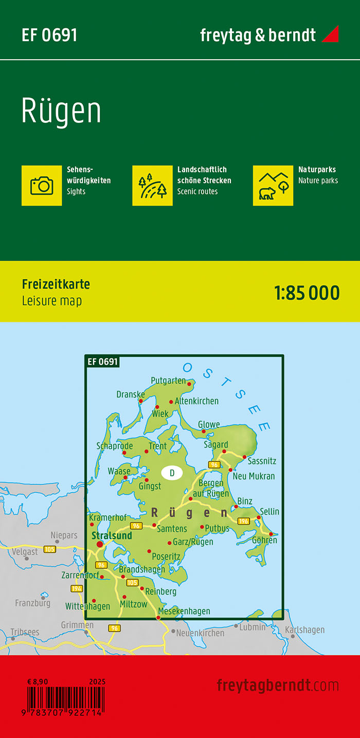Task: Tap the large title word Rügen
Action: [61, 111]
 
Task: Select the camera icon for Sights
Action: [42, 185]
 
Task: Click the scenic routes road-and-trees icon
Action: [152, 185]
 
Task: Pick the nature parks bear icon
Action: [273, 185]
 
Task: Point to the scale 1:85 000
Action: [307, 293]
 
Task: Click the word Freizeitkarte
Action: [56, 284]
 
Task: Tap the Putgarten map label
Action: [168, 381]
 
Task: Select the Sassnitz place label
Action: [262, 462]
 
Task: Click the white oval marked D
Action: [172, 473]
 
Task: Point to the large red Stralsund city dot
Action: [99, 544]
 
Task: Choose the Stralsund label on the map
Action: [112, 535]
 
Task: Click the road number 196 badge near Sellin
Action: [244, 521]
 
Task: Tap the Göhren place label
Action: [264, 540]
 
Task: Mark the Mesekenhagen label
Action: [184, 611]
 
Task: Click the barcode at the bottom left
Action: [65, 699]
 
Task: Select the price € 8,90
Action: [38, 681]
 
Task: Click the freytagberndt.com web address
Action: [278, 685]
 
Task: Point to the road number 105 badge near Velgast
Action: [50, 549]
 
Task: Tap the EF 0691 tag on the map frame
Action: [103, 362]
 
